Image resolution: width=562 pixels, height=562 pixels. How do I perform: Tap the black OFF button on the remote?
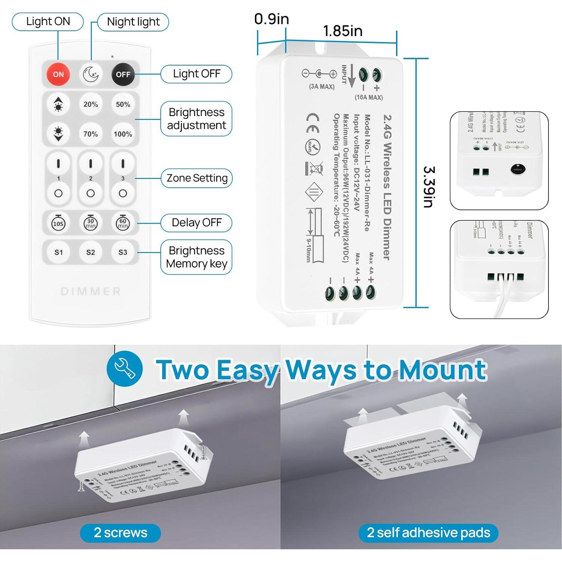pos(123,75)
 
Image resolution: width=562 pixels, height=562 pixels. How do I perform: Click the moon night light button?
pos(91,74)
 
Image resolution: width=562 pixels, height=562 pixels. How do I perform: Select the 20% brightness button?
pos(91,105)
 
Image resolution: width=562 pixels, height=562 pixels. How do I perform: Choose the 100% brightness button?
pos(123,134)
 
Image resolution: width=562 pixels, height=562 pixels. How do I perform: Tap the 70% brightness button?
pos(91,134)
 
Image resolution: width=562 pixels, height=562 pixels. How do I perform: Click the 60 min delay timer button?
pos(123,223)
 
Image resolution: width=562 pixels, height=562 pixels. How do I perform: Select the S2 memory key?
pos(91,253)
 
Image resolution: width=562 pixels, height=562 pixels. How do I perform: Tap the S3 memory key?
pos(123,253)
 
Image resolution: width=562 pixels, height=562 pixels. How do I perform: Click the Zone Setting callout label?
pos(197,178)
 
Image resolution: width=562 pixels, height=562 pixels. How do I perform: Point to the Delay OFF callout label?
pos(197,223)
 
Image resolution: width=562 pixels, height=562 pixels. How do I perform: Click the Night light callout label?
pos(133,22)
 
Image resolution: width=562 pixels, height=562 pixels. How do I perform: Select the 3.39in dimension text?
pos(429,187)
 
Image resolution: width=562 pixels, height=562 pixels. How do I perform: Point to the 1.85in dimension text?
pos(342,31)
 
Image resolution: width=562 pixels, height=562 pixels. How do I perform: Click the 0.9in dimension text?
pos(271,19)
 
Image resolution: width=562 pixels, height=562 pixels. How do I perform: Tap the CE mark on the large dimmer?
pos(313,123)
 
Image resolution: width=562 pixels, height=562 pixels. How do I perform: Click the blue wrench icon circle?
pos(125,369)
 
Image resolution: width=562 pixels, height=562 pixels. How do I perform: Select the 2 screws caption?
pos(120,533)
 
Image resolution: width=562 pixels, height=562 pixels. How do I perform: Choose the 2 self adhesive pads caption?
pos(428,533)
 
